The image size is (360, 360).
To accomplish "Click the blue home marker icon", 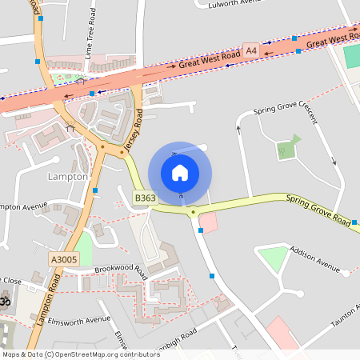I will pyautogui.click(x=180, y=172).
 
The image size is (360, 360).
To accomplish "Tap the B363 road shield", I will pyautogui.click(x=145, y=198).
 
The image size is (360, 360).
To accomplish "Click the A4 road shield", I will pyautogui.click(x=251, y=51).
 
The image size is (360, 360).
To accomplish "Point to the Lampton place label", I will pyautogui.click(x=68, y=176).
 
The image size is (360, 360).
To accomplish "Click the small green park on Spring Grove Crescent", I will pyautogui.click(x=286, y=149).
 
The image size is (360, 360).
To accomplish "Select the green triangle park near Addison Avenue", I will pyautogui.click(x=273, y=258).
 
